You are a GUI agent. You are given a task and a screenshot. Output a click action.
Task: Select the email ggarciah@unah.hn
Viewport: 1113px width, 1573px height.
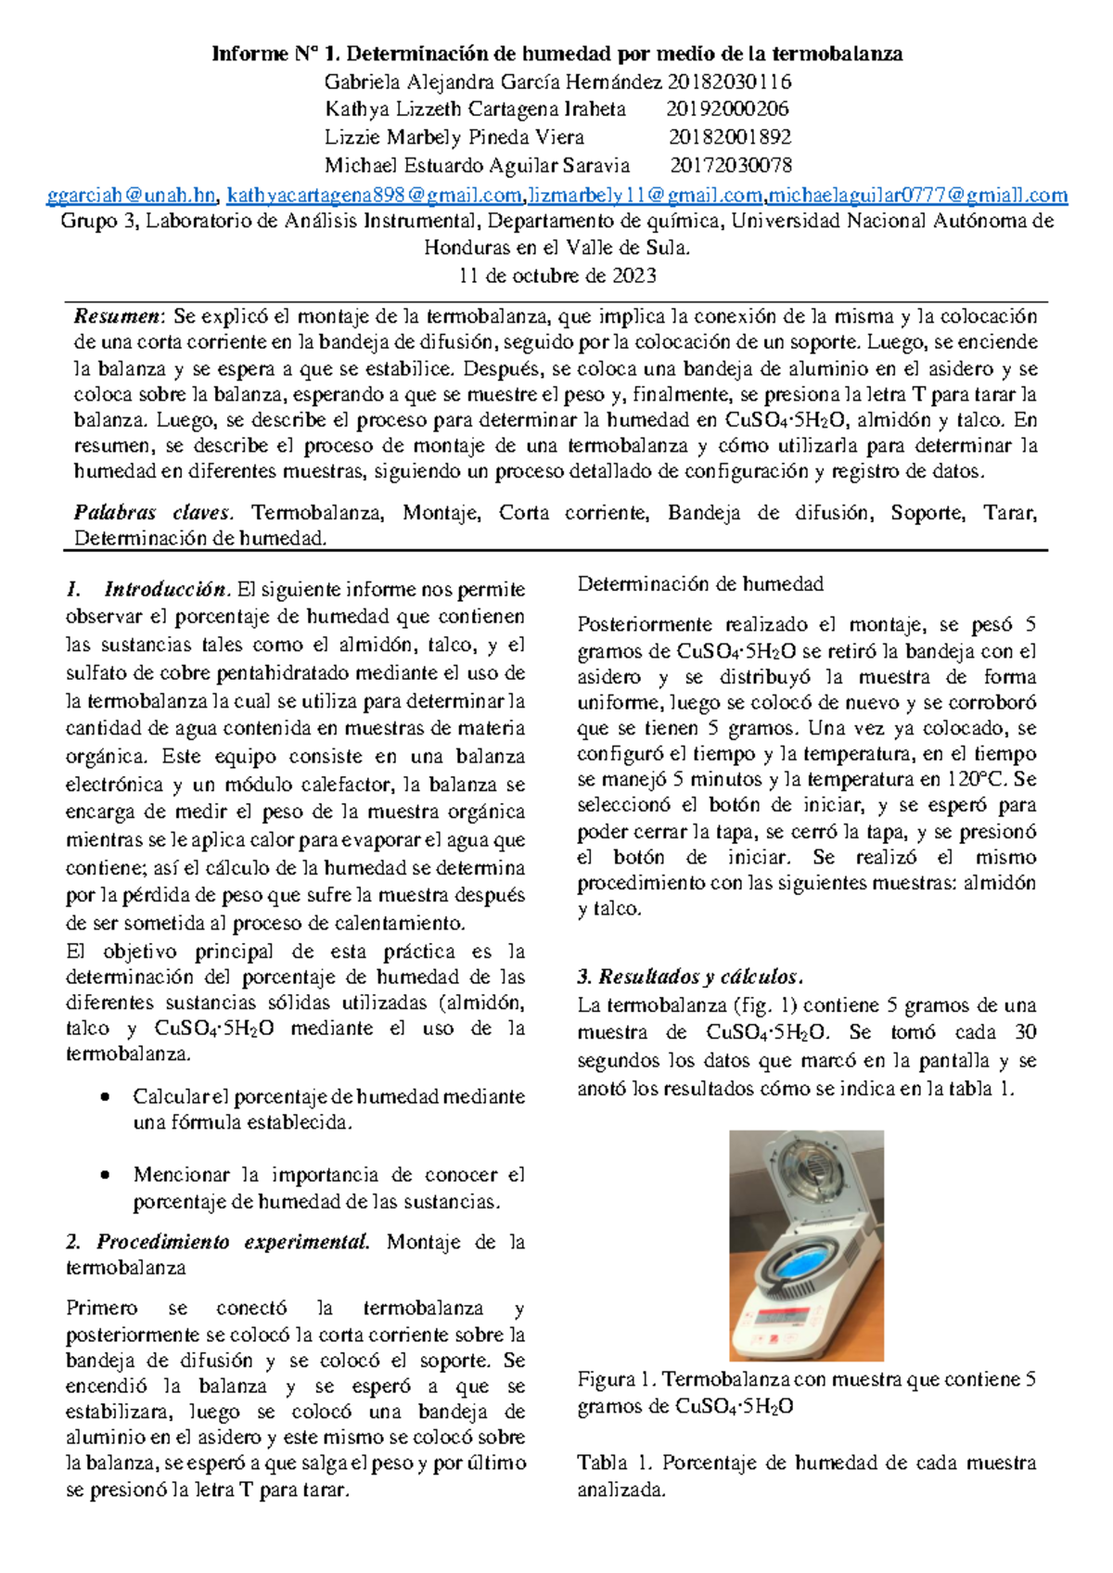[131, 195]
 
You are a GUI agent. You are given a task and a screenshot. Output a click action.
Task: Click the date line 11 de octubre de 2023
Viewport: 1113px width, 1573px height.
[557, 275]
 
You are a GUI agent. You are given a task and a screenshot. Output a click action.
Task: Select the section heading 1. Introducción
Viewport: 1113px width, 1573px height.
[148, 589]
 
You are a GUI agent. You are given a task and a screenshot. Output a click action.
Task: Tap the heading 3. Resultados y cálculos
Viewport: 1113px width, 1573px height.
[689, 977]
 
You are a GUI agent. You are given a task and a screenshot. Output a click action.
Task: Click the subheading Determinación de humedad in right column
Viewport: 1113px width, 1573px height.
[700, 584]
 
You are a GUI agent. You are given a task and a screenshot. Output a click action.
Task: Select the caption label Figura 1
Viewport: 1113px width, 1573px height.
[616, 1379]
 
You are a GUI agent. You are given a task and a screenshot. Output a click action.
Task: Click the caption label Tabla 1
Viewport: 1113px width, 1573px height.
[615, 1463]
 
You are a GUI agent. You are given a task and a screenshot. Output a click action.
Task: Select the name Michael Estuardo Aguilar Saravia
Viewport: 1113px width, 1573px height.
[477, 165]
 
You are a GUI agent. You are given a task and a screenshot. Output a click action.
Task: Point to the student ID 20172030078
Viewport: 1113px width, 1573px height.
[731, 165]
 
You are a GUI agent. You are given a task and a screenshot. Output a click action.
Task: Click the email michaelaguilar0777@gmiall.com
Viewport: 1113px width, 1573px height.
[917, 195]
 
